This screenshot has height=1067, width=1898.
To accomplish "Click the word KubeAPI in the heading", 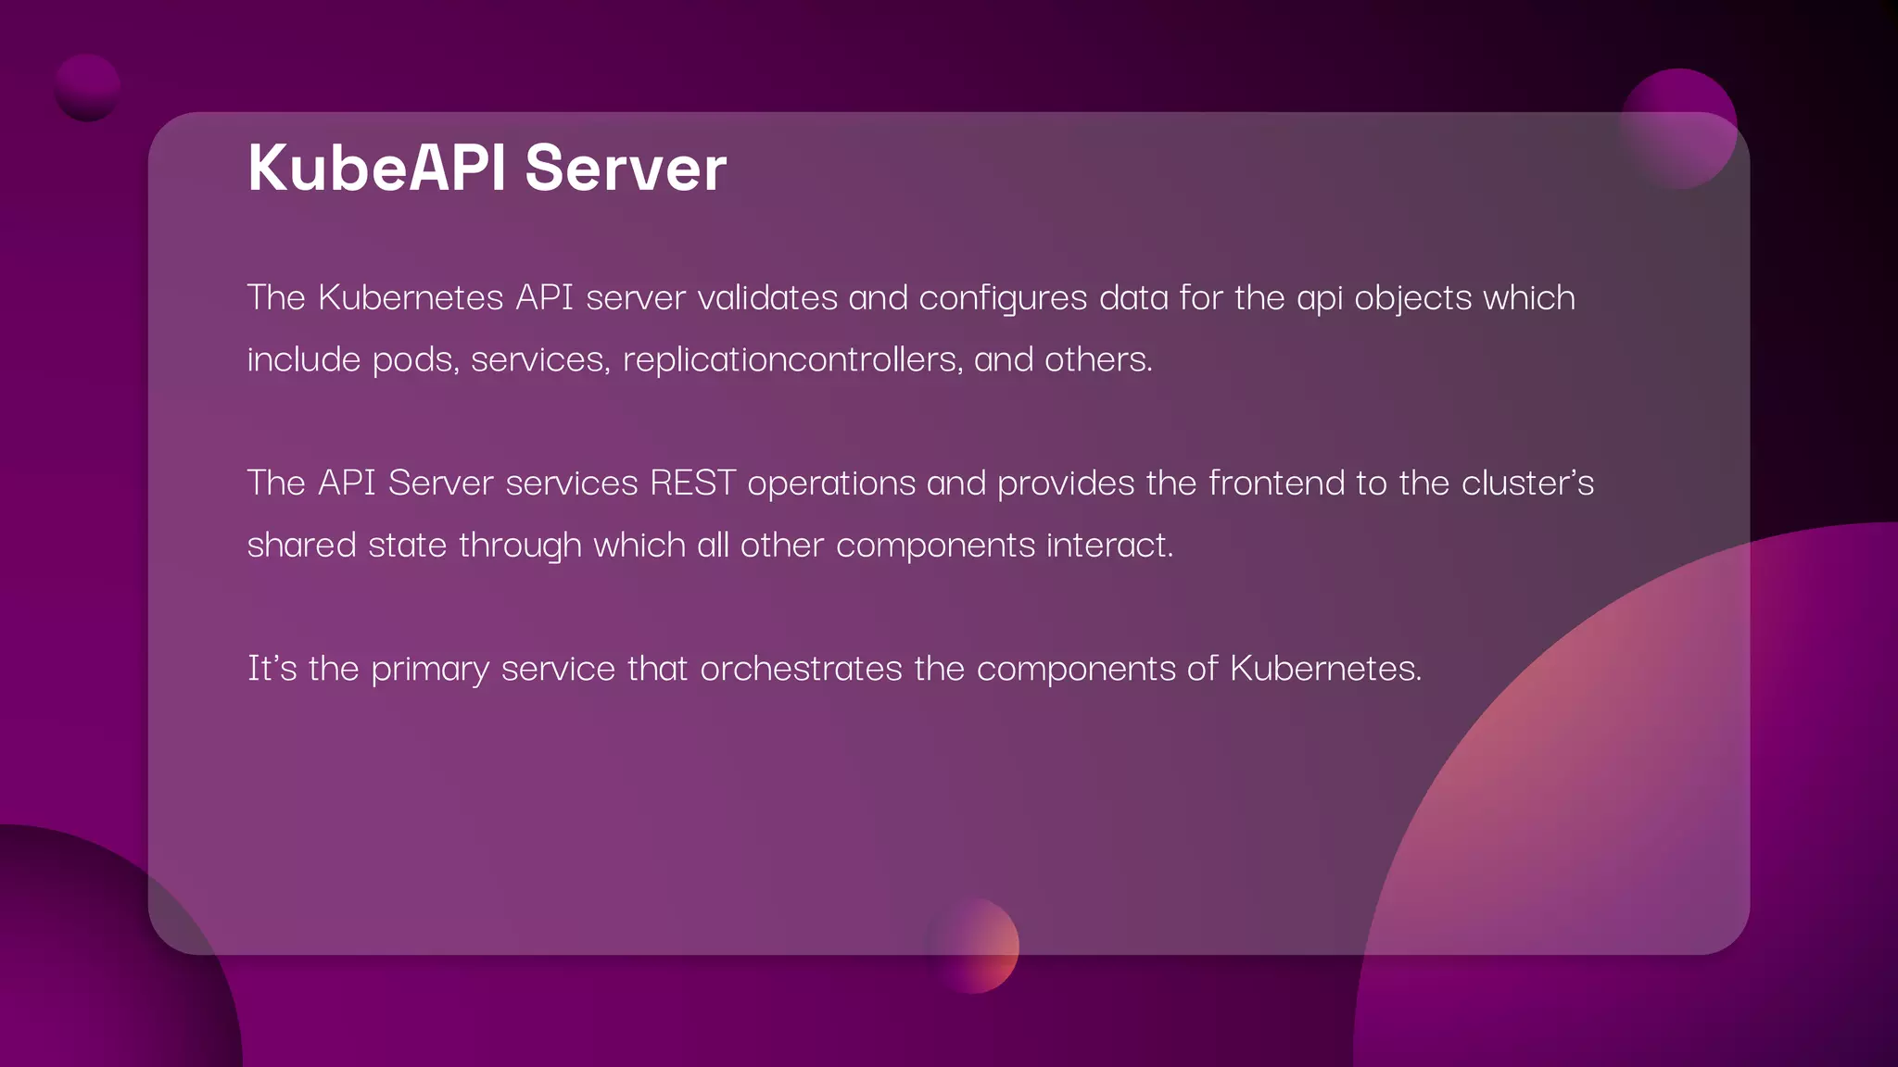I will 376,169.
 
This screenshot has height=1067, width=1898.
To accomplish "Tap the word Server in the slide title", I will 626,169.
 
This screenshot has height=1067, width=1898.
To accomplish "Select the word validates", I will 767,298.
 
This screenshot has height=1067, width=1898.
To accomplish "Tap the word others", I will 1098,359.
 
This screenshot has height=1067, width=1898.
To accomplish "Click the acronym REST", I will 692,483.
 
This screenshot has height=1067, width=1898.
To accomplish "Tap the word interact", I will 1109,546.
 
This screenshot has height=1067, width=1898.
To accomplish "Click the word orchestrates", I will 801,669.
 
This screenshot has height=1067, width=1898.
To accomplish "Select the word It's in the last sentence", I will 272,669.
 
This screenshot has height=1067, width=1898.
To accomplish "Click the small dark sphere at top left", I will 87,87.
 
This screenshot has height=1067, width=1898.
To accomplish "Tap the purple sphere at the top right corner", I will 1677,128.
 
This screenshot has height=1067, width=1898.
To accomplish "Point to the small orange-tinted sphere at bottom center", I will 972,945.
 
